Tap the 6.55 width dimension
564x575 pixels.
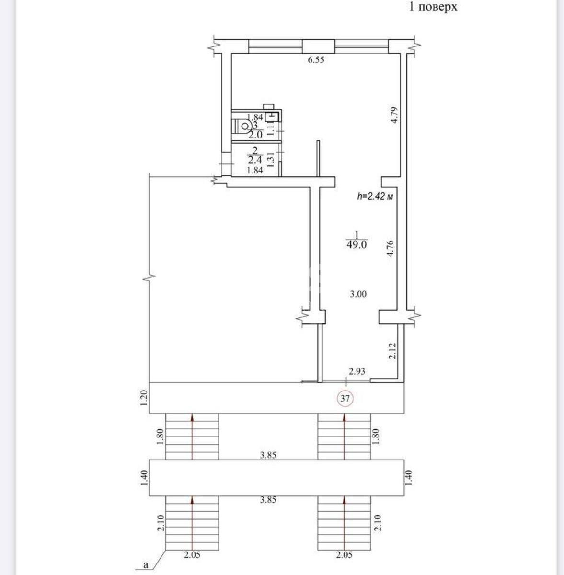pyautogui.click(x=316, y=60)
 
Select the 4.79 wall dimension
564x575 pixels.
pyautogui.click(x=394, y=115)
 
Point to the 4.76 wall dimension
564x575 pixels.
pyautogui.click(x=391, y=249)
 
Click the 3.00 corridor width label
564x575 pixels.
pyautogui.click(x=358, y=294)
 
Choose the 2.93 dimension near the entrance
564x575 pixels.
pyautogui.click(x=357, y=370)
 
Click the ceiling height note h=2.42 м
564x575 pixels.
pyautogui.click(x=376, y=196)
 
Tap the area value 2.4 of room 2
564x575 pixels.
pyautogui.click(x=254, y=161)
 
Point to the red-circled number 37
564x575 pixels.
pyautogui.click(x=345, y=398)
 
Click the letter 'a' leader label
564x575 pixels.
pyautogui.click(x=146, y=565)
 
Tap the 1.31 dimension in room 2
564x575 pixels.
pyautogui.click(x=270, y=159)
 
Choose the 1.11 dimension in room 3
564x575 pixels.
pyautogui.click(x=270, y=128)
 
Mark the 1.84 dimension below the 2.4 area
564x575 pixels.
pyautogui.click(x=254, y=170)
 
